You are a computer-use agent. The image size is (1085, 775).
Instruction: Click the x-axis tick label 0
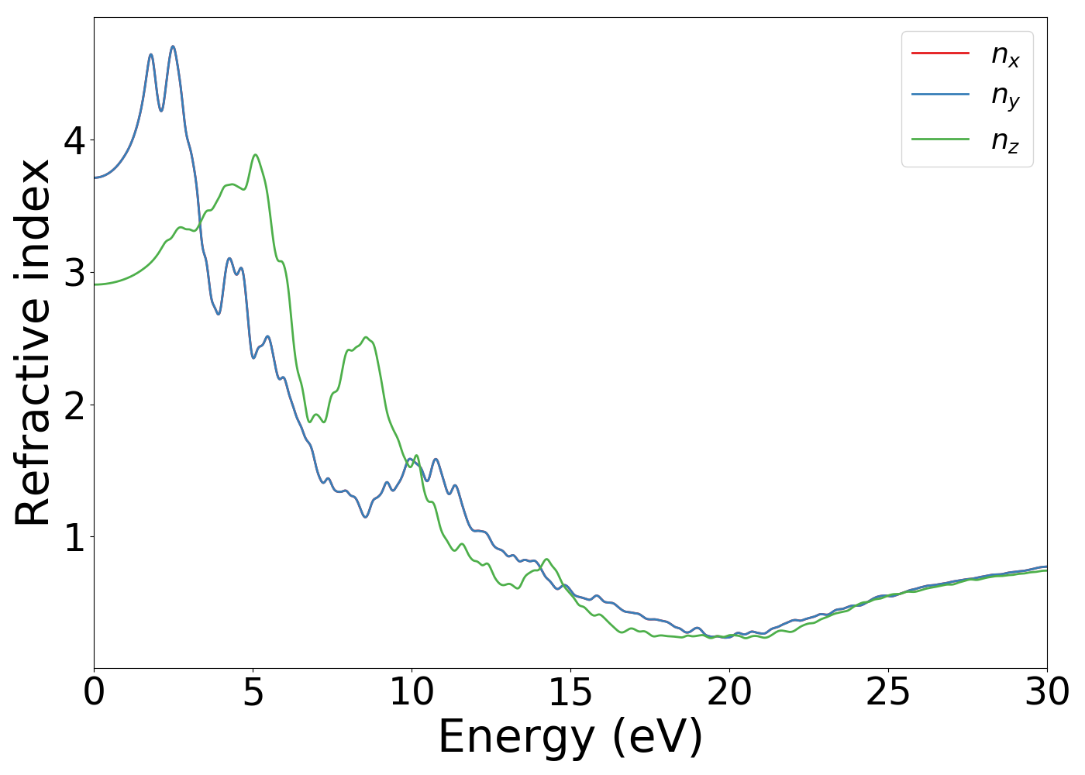[94, 692]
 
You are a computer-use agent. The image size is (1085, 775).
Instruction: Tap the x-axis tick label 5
[253, 692]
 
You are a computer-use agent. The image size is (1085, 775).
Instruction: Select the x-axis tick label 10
[412, 692]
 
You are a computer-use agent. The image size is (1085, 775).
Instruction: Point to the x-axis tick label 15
[570, 692]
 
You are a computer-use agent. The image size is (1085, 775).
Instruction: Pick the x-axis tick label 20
[729, 692]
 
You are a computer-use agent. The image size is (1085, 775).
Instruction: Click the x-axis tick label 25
[888, 692]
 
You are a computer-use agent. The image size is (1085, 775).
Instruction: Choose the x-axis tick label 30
[1047, 692]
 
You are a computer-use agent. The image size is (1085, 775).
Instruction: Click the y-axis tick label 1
[75, 536]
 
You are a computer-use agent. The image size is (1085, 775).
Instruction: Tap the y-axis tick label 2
[75, 405]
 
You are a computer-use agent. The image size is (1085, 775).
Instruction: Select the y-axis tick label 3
[75, 272]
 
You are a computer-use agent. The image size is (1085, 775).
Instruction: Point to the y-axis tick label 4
[75, 140]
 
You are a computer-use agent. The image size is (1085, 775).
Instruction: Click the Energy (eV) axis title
[570, 737]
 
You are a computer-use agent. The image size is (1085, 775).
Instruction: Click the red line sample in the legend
[940, 53]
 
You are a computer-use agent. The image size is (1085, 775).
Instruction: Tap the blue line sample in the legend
[940, 95]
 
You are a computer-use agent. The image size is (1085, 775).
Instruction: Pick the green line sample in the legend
[940, 139]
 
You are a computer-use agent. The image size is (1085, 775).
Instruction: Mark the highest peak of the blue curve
[173, 46]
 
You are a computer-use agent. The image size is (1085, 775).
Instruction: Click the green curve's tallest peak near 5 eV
[255, 155]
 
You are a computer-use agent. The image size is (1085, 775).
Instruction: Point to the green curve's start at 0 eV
[95, 284]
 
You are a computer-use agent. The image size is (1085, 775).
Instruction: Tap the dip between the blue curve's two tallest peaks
[161, 111]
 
